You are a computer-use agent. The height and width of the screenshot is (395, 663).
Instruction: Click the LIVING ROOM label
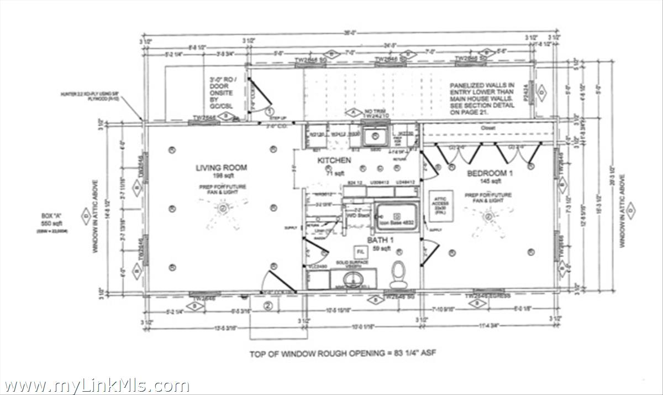220,168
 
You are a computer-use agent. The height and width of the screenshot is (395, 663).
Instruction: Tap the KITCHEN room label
334,160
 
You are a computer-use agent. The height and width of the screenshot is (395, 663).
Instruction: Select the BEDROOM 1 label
490,173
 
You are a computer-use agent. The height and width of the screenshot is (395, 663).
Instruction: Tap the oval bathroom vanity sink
351,278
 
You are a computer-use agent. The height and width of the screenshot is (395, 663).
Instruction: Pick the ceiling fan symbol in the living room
223,209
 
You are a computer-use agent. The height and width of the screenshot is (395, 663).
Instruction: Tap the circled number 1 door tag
271,111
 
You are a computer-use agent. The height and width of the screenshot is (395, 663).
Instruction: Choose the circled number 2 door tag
269,305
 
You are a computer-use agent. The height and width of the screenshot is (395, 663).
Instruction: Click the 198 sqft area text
220,175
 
